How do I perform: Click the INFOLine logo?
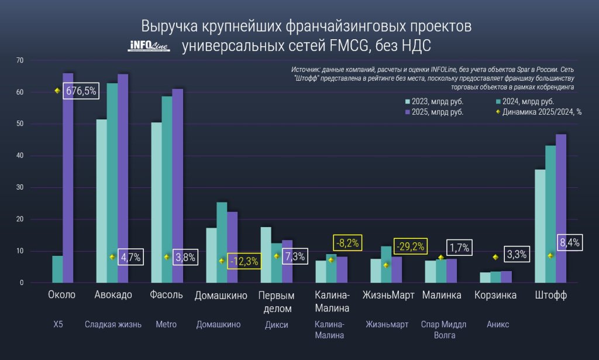(148, 46)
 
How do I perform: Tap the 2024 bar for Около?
(57, 269)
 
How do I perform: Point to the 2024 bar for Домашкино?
(222, 242)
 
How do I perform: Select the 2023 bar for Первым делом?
(266, 255)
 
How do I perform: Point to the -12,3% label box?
(243, 262)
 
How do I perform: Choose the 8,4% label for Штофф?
(568, 242)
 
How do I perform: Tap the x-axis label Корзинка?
(495, 295)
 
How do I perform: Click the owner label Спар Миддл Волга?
(439, 330)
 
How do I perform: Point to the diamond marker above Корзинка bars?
(496, 257)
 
